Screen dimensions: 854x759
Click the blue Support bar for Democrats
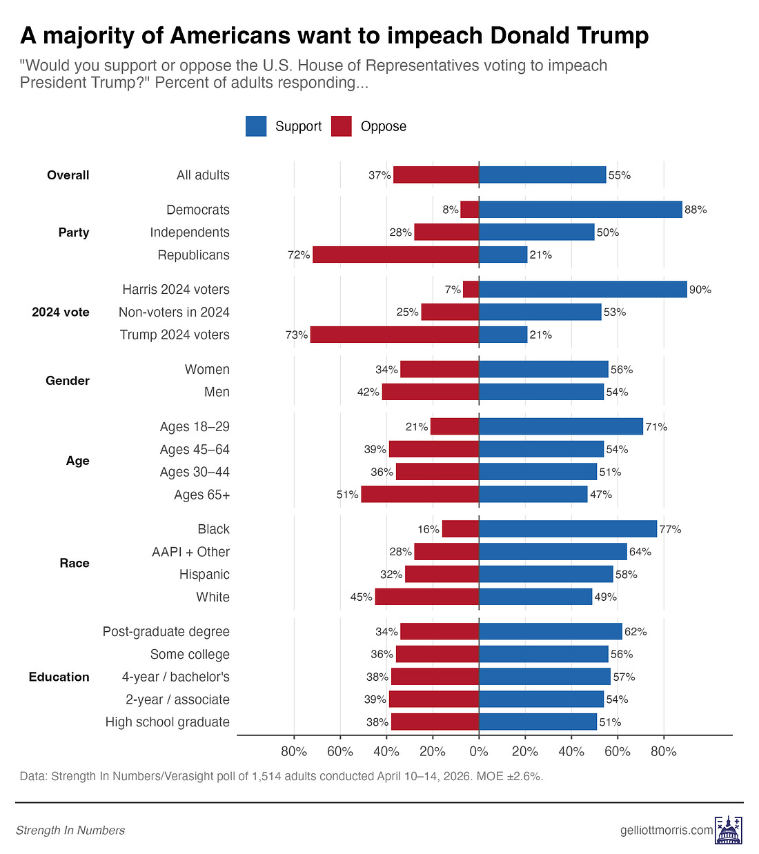pos(580,210)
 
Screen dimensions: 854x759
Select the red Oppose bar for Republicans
pos(395,255)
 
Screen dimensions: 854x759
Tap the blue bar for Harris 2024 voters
pos(582,290)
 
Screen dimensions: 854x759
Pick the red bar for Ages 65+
pos(420,495)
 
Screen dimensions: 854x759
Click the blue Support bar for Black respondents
pos(567,529)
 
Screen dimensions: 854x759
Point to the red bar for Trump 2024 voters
pos(394,335)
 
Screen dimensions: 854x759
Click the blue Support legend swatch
pos(256,126)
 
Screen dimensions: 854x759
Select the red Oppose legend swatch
pos(342,126)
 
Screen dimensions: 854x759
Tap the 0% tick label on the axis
pos(479,751)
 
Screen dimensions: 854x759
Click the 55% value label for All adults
pos(620,175)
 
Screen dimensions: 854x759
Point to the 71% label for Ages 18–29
pos(656,427)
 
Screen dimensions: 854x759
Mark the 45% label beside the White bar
pos(361,597)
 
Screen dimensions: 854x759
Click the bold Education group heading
pos(59,677)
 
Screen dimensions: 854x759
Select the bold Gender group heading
pos(68,381)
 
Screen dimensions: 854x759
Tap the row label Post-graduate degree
pos(166,632)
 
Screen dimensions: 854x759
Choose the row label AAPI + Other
pos(191,552)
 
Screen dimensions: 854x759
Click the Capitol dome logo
pos(728,830)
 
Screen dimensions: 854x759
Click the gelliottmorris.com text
pos(667,831)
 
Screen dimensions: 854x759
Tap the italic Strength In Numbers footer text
pos(70,831)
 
